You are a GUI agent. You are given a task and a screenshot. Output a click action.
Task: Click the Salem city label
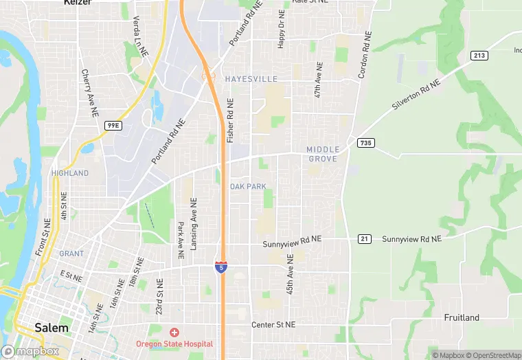point(52,328)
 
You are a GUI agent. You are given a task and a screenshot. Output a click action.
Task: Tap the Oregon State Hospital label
point(174,344)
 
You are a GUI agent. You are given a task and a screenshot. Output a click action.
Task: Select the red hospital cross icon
point(174,333)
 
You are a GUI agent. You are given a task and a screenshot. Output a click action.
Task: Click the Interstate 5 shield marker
point(220,267)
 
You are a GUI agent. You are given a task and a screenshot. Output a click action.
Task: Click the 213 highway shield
point(479,55)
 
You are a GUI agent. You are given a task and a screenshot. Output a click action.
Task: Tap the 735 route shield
point(365,143)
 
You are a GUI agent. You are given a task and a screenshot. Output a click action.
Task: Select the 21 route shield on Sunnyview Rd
point(364,238)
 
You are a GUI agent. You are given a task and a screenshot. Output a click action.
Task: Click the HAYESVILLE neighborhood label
point(251,80)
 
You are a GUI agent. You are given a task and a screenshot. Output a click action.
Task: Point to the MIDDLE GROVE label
point(322,154)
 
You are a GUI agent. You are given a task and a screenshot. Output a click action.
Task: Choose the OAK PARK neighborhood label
point(247,187)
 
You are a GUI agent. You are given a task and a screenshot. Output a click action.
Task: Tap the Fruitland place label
point(462,318)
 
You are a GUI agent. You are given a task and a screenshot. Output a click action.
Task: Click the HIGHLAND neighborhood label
point(69,173)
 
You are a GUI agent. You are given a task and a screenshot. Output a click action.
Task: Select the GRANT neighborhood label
point(71,254)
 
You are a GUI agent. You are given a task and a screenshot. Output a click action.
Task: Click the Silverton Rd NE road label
point(416,95)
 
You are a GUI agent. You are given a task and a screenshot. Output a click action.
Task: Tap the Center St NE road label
point(273,324)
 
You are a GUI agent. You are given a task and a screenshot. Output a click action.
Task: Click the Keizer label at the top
point(77,3)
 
